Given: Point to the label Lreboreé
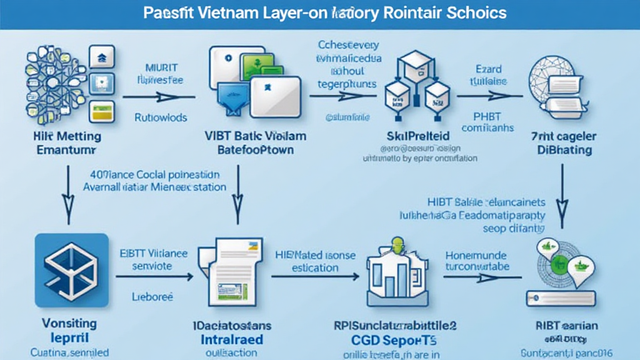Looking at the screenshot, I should (x=153, y=297).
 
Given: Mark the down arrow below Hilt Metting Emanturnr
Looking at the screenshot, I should (x=67, y=193).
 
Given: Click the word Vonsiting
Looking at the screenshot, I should (x=69, y=323).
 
